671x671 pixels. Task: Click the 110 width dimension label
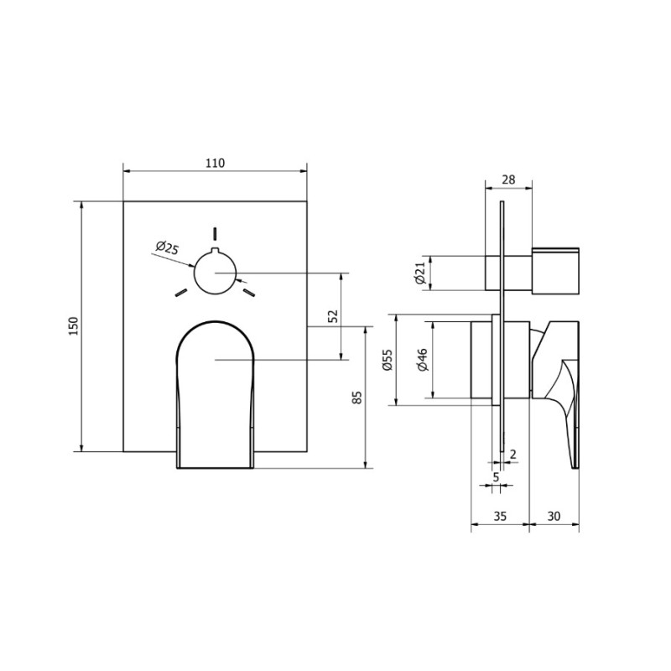(215, 163)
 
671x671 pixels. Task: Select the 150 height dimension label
(74, 326)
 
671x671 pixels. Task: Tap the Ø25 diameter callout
(167, 247)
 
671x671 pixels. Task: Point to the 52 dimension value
(333, 316)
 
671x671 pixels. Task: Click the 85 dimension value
(357, 398)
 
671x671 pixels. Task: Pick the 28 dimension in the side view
(508, 179)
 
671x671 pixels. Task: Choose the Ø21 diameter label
(420, 273)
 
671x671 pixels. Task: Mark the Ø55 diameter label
(387, 360)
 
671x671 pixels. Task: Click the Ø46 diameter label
(422, 360)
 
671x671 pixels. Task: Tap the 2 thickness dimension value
(513, 454)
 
